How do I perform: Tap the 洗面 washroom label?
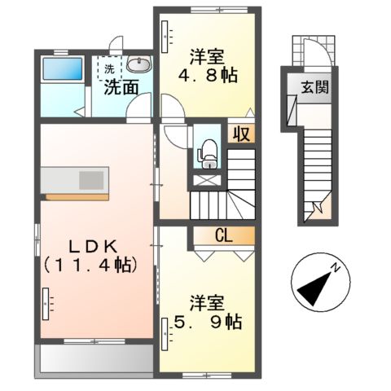coord(121,86)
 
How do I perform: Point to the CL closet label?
coord(223,237)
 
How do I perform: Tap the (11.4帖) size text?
coord(90,264)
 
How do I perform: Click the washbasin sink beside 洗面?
coord(139,66)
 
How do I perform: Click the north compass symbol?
coord(317,281)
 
